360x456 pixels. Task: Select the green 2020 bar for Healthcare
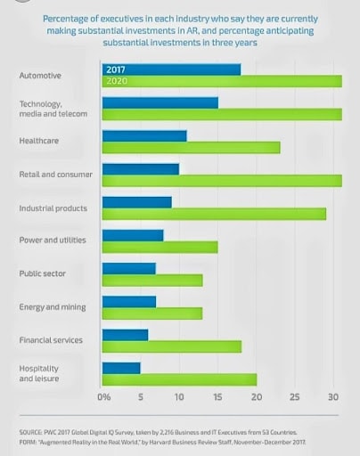(x=192, y=148)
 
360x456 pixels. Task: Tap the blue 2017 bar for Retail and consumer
(x=141, y=168)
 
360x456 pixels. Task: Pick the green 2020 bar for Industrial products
(x=214, y=214)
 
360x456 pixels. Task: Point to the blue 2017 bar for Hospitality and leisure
(x=121, y=367)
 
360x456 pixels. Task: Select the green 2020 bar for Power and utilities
(x=160, y=247)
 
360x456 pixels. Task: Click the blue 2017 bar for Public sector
(x=129, y=268)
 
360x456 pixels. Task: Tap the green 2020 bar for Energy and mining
(x=152, y=313)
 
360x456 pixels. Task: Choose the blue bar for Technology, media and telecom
(x=160, y=102)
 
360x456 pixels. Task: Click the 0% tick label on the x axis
(x=104, y=396)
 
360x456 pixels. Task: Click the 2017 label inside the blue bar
(x=117, y=69)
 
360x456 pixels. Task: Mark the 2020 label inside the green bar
(x=117, y=80)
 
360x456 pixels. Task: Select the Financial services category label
(x=51, y=340)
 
